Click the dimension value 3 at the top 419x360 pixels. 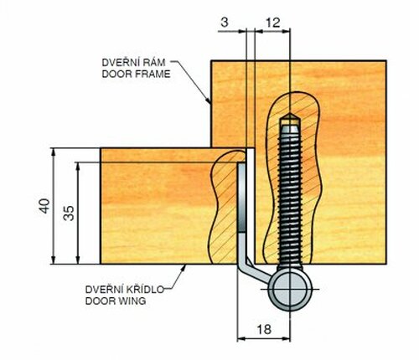pyautogui.click(x=225, y=23)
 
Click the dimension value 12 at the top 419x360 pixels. pyautogui.click(x=272, y=23)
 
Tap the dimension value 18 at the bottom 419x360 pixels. pyautogui.click(x=264, y=329)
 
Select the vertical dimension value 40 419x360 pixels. pyautogui.click(x=44, y=206)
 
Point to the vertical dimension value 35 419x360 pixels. pyautogui.click(x=69, y=213)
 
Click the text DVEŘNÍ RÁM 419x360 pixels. pyautogui.click(x=133, y=63)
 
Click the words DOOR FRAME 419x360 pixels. pyautogui.click(x=136, y=74)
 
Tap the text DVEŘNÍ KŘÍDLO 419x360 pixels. pyautogui.click(x=124, y=290)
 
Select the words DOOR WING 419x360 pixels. pyautogui.click(x=116, y=301)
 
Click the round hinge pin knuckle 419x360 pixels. pyautogui.click(x=290, y=289)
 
